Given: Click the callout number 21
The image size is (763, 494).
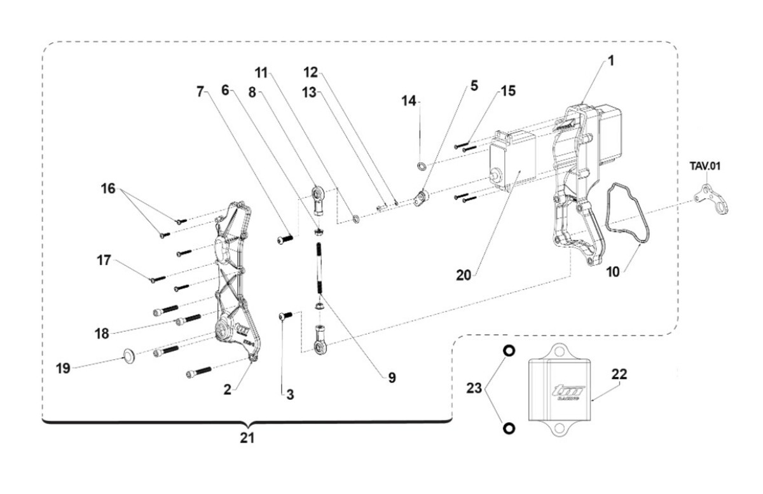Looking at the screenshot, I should [247, 438].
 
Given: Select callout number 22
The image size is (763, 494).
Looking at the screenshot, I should [619, 374].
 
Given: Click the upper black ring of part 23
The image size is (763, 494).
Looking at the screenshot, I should [509, 350].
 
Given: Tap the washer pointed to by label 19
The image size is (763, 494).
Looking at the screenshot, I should [128, 354].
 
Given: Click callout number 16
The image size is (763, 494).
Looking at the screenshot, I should [107, 188].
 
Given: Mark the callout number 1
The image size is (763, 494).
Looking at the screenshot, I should [610, 62].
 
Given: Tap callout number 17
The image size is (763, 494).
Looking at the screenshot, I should [104, 260].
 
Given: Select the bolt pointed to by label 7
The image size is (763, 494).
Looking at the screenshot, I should [285, 240].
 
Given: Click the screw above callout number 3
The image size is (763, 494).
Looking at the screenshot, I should [285, 315].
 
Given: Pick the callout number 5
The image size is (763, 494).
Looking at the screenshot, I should [473, 85].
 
